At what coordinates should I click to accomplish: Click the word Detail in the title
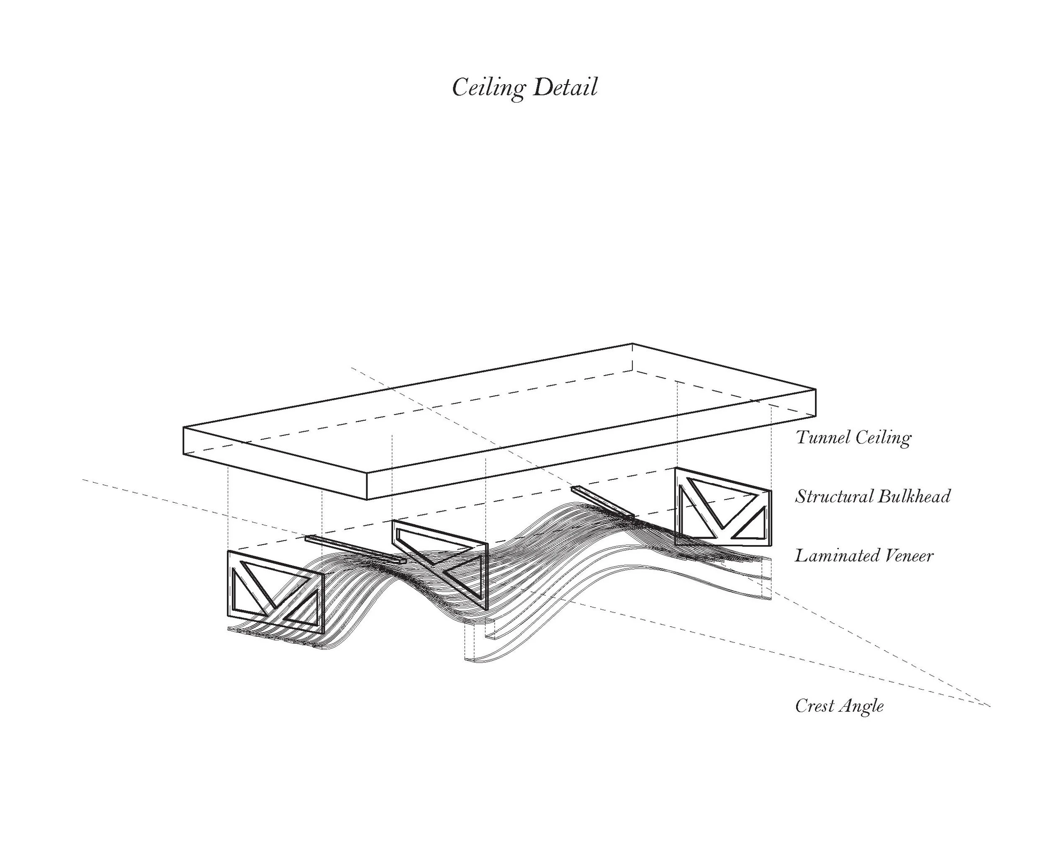[x=565, y=87]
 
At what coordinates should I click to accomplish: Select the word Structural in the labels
[x=835, y=497]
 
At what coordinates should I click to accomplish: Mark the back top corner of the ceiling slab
[x=632, y=344]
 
